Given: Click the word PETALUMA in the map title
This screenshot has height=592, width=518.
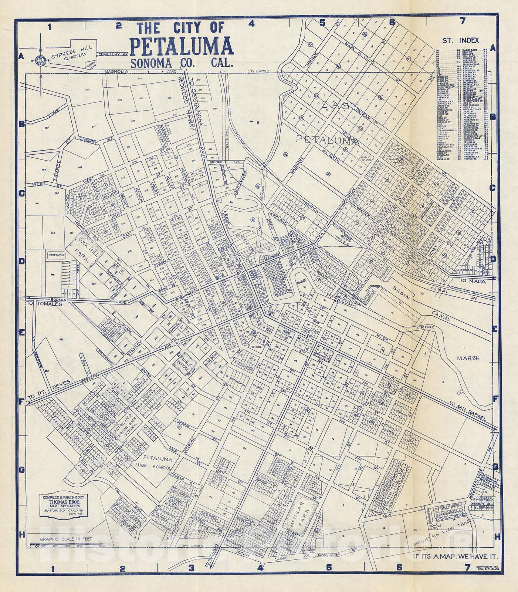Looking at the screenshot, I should click(x=181, y=46).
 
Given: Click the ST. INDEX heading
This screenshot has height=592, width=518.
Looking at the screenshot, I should click(x=463, y=40).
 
